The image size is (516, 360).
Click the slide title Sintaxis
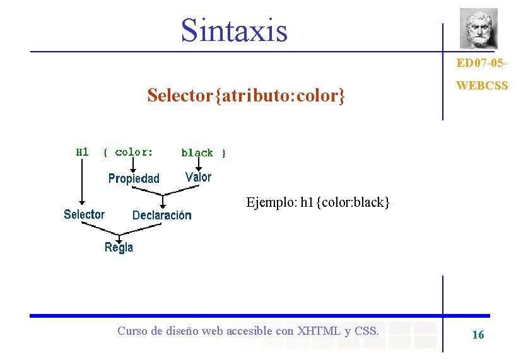(x=234, y=30)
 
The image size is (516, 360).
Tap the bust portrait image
(x=478, y=28)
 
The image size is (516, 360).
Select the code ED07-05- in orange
(x=482, y=64)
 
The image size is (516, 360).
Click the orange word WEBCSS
(x=481, y=85)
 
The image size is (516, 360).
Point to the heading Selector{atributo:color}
(x=246, y=96)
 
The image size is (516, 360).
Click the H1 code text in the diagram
(x=83, y=152)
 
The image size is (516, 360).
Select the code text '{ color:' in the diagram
(x=128, y=152)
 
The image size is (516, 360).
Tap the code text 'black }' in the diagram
(x=203, y=153)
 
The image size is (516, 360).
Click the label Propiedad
(x=134, y=178)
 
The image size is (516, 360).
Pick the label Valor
(x=198, y=177)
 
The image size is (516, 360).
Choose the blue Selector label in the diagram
(x=84, y=214)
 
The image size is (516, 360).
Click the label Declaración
(x=161, y=215)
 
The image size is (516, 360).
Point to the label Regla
(x=119, y=247)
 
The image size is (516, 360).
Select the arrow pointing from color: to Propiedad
(x=133, y=164)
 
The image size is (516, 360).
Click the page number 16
(x=478, y=335)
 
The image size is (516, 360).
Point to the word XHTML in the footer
(x=319, y=330)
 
